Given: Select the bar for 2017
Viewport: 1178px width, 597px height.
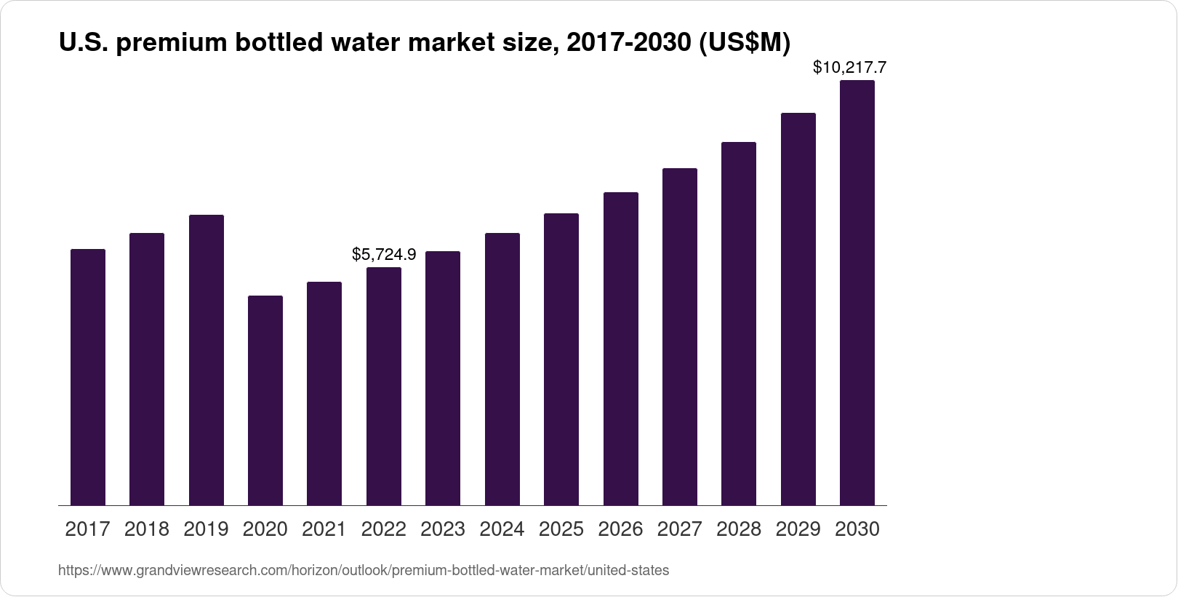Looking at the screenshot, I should click(x=88, y=377).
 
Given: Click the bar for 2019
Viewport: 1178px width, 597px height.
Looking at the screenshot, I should click(x=207, y=360).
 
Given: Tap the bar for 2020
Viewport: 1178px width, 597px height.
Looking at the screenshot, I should click(x=265, y=400).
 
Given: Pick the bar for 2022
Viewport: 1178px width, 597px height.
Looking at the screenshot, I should click(x=384, y=386).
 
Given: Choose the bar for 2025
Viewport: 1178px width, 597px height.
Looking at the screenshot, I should click(x=561, y=359).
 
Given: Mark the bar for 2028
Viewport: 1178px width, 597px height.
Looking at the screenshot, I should click(x=739, y=323).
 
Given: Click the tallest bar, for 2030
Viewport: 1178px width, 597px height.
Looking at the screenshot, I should click(x=857, y=293).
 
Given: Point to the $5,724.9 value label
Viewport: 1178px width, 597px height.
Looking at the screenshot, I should click(x=384, y=254).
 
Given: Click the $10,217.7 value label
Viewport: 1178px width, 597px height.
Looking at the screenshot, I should click(x=849, y=68).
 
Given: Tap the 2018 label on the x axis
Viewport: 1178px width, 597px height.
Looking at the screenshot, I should click(x=147, y=529).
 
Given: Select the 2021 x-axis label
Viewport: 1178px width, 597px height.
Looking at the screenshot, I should click(x=324, y=529).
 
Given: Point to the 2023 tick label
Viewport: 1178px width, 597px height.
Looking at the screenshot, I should click(x=443, y=529).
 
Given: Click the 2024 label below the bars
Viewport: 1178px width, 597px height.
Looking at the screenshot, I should click(x=502, y=529).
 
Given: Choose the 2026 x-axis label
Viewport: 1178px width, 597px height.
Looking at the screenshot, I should click(x=620, y=529).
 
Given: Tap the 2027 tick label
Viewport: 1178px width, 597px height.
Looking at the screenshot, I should click(x=680, y=529).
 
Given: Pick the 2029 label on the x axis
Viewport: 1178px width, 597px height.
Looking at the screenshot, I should click(x=798, y=529).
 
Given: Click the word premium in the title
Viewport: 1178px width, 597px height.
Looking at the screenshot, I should click(x=170, y=44).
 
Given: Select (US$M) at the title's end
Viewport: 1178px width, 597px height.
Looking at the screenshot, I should click(x=744, y=44).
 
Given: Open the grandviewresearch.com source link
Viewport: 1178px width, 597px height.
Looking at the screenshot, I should click(x=364, y=571).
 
